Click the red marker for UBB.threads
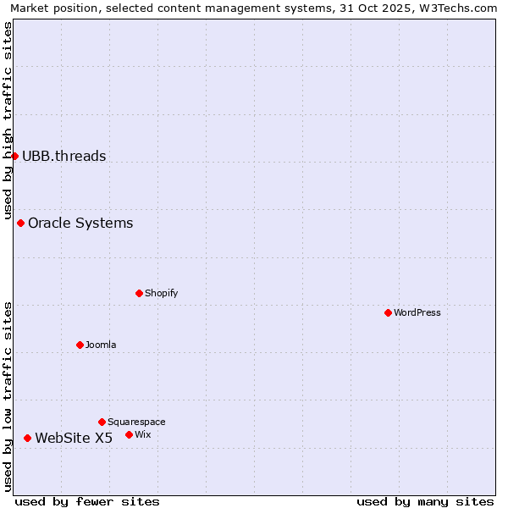click(14, 156)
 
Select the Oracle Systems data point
click(21, 224)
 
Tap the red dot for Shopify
click(140, 294)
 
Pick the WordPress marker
click(389, 313)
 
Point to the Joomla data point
click(80, 345)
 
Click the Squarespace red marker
click(102, 422)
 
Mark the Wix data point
click(130, 435)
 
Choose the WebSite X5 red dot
click(28, 439)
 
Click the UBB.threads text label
click(64, 156)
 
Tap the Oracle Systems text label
click(80, 224)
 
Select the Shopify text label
click(162, 294)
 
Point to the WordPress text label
click(417, 313)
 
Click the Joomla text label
click(101, 345)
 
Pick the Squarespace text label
click(136, 422)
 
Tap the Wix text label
click(143, 435)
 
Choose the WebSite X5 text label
click(74, 439)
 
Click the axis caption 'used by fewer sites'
click(87, 502)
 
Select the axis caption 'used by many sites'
click(425, 502)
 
